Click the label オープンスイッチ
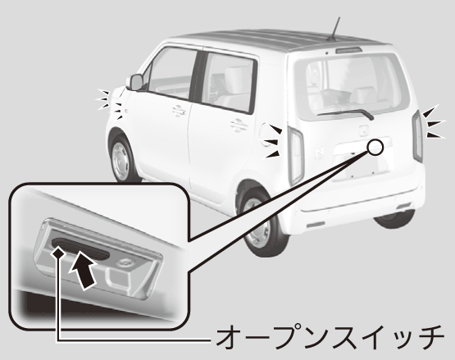(x=330, y=338)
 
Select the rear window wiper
(x=346, y=113)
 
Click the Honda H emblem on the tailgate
(x=364, y=130)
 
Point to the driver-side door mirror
(x=136, y=82)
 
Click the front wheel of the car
(x=121, y=158)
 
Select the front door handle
(x=179, y=110)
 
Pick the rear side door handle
(x=239, y=125)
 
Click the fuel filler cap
(x=267, y=134)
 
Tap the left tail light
(x=296, y=155)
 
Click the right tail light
(x=418, y=136)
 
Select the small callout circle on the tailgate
(x=375, y=147)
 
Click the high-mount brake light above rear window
(x=348, y=50)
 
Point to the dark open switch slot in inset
(x=80, y=248)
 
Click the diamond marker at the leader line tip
(x=57, y=253)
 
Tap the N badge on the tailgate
(x=319, y=153)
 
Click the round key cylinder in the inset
(x=125, y=262)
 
